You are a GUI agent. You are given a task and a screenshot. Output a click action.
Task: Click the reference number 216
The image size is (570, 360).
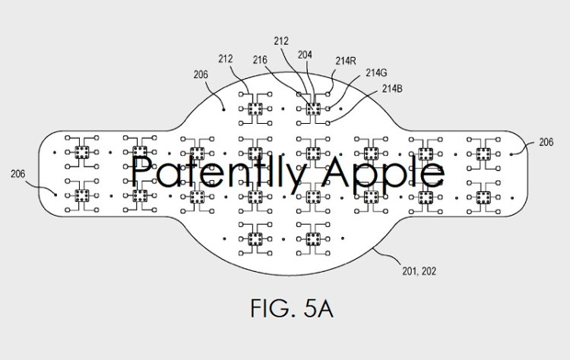pyautogui.click(x=260, y=60)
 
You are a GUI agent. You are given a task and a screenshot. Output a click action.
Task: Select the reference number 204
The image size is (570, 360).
pyautogui.click(x=305, y=55)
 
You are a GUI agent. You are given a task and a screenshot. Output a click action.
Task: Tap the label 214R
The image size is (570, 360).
pyautogui.click(x=346, y=61)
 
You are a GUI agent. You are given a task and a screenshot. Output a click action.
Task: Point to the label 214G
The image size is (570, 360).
pyautogui.click(x=376, y=73)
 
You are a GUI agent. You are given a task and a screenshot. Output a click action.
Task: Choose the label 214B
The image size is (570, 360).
pyautogui.click(x=392, y=89)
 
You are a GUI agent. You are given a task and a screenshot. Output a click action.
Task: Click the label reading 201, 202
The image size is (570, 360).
pyautogui.click(x=419, y=271)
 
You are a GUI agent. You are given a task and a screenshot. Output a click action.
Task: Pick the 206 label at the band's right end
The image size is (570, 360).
pyautogui.click(x=546, y=142)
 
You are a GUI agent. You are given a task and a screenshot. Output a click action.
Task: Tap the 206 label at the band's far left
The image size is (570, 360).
pyautogui.click(x=17, y=174)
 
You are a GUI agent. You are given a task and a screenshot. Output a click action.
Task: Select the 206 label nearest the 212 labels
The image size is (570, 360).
pyautogui.click(x=201, y=75)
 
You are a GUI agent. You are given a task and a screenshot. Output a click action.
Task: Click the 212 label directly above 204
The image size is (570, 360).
pyautogui.click(x=281, y=41)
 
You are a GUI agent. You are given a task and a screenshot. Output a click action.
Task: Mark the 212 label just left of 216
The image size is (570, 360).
pyautogui.click(x=226, y=58)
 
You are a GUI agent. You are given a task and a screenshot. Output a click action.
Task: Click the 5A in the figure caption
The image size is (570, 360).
pyautogui.click(x=318, y=309)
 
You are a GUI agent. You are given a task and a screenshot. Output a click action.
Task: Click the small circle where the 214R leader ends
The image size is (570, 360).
pyautogui.click(x=328, y=94)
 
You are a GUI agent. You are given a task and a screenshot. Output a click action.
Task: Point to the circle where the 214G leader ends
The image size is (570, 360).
pyautogui.click(x=328, y=109)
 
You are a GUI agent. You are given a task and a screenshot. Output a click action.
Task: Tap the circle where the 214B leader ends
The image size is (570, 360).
pyautogui.click(x=328, y=123)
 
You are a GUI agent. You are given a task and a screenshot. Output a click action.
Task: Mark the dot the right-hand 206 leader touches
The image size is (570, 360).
pyautogui.click(x=511, y=154)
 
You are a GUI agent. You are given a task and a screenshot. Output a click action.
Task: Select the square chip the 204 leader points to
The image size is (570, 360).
pyautogui.click(x=313, y=109)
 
